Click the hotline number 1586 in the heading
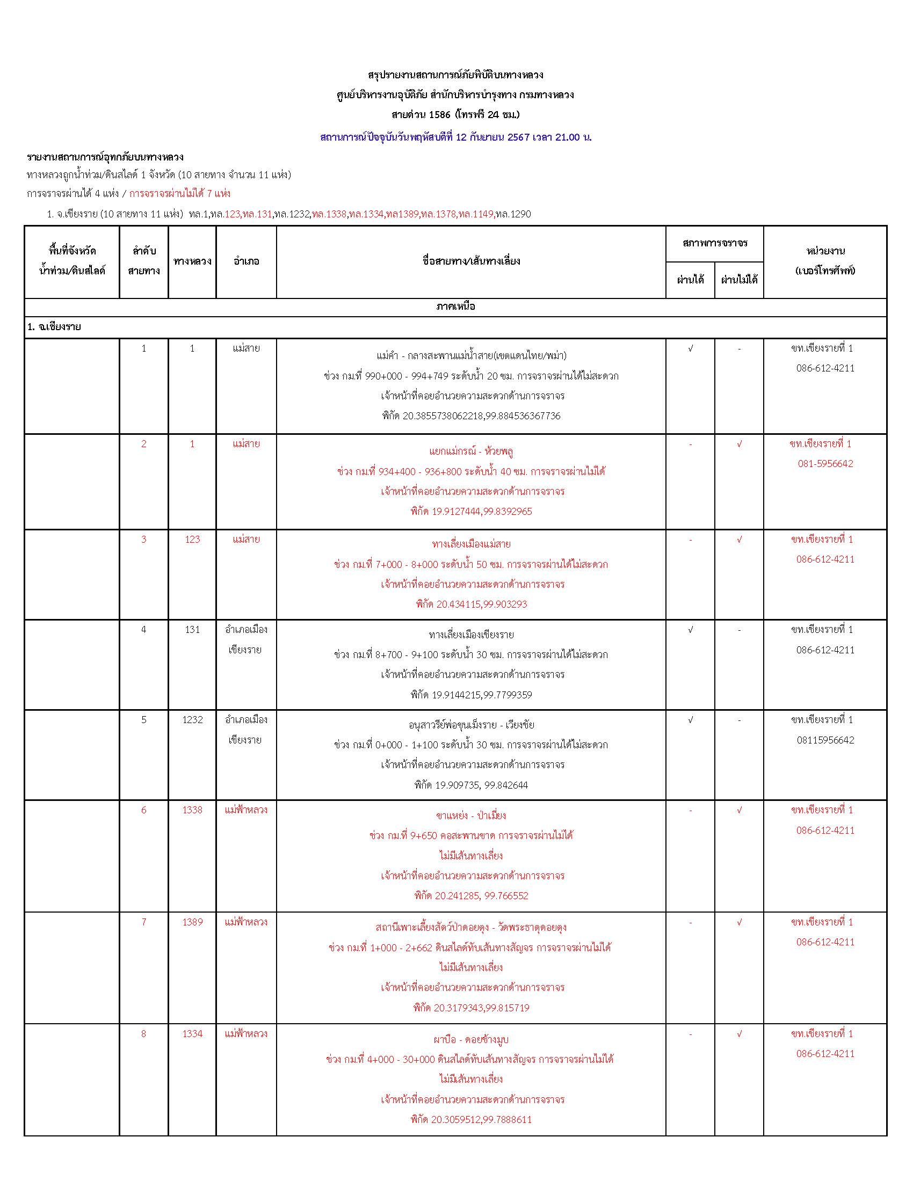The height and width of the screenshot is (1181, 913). [x=439, y=115]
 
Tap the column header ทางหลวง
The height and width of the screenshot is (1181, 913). [x=192, y=261]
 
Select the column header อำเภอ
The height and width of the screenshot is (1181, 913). [x=246, y=261]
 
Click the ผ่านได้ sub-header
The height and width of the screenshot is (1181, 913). [x=690, y=280]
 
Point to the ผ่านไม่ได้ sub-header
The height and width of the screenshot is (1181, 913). [x=739, y=280]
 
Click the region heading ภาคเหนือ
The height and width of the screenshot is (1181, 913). [x=455, y=307]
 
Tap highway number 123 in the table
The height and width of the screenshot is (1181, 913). [x=192, y=539]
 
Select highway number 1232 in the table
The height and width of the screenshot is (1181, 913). [x=192, y=720]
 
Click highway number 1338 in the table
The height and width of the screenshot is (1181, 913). [x=192, y=810]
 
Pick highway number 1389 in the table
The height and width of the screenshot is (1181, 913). [x=192, y=922]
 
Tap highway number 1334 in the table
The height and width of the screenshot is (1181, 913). [x=192, y=1034]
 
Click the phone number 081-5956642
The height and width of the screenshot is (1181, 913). [x=825, y=464]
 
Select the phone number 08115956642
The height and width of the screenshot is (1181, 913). [x=825, y=740]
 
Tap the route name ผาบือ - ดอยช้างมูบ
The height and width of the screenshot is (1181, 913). [x=470, y=1039]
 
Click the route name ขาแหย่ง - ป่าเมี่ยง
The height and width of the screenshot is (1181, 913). [x=470, y=815]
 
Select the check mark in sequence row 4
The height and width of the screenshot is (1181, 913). [x=690, y=630]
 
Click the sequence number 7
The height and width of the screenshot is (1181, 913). [x=143, y=922]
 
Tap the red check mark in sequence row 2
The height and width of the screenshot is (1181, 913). [x=739, y=444]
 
